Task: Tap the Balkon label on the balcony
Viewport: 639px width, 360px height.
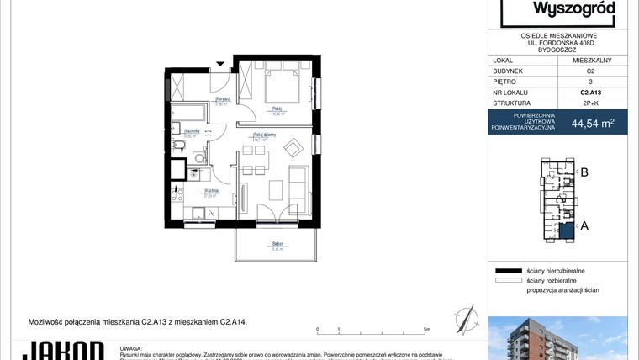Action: [x=276, y=244]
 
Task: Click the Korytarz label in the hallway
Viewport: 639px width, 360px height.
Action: [x=198, y=100]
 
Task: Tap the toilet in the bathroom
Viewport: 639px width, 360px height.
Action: [x=178, y=146]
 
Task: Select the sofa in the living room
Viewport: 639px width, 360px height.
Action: [x=298, y=187]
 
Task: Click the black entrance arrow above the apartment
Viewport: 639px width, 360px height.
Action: [x=220, y=63]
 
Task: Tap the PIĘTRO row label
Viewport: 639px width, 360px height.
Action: [x=504, y=82]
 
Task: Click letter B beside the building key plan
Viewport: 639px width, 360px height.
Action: [x=583, y=173]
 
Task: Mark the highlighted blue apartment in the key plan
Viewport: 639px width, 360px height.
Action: [x=566, y=228]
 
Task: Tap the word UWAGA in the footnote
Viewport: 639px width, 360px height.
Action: [x=130, y=347]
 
